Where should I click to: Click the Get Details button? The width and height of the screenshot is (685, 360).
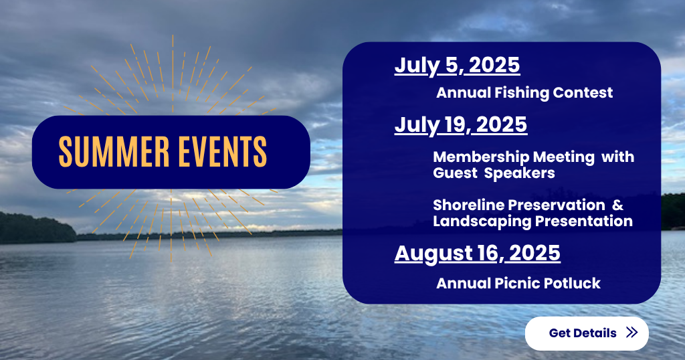point(587,333)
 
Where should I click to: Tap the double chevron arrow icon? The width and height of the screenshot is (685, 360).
point(631,333)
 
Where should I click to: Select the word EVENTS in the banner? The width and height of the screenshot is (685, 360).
point(223,152)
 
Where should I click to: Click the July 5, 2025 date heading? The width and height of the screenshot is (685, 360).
point(457,66)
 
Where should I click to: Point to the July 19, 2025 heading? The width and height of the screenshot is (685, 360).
point(461,125)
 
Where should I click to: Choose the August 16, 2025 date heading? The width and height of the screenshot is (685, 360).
point(478,254)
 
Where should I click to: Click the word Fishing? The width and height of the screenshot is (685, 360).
point(522,92)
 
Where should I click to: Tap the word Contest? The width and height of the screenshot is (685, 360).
point(583,92)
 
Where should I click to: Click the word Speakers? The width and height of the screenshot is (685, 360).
point(519,173)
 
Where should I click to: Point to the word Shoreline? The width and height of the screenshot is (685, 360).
point(468,205)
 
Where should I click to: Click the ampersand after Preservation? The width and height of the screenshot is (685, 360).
point(617,205)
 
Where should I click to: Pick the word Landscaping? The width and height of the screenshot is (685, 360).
point(482,221)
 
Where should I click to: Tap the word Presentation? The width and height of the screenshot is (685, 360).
point(583,221)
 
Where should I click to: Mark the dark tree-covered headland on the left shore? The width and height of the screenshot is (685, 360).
point(37,228)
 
